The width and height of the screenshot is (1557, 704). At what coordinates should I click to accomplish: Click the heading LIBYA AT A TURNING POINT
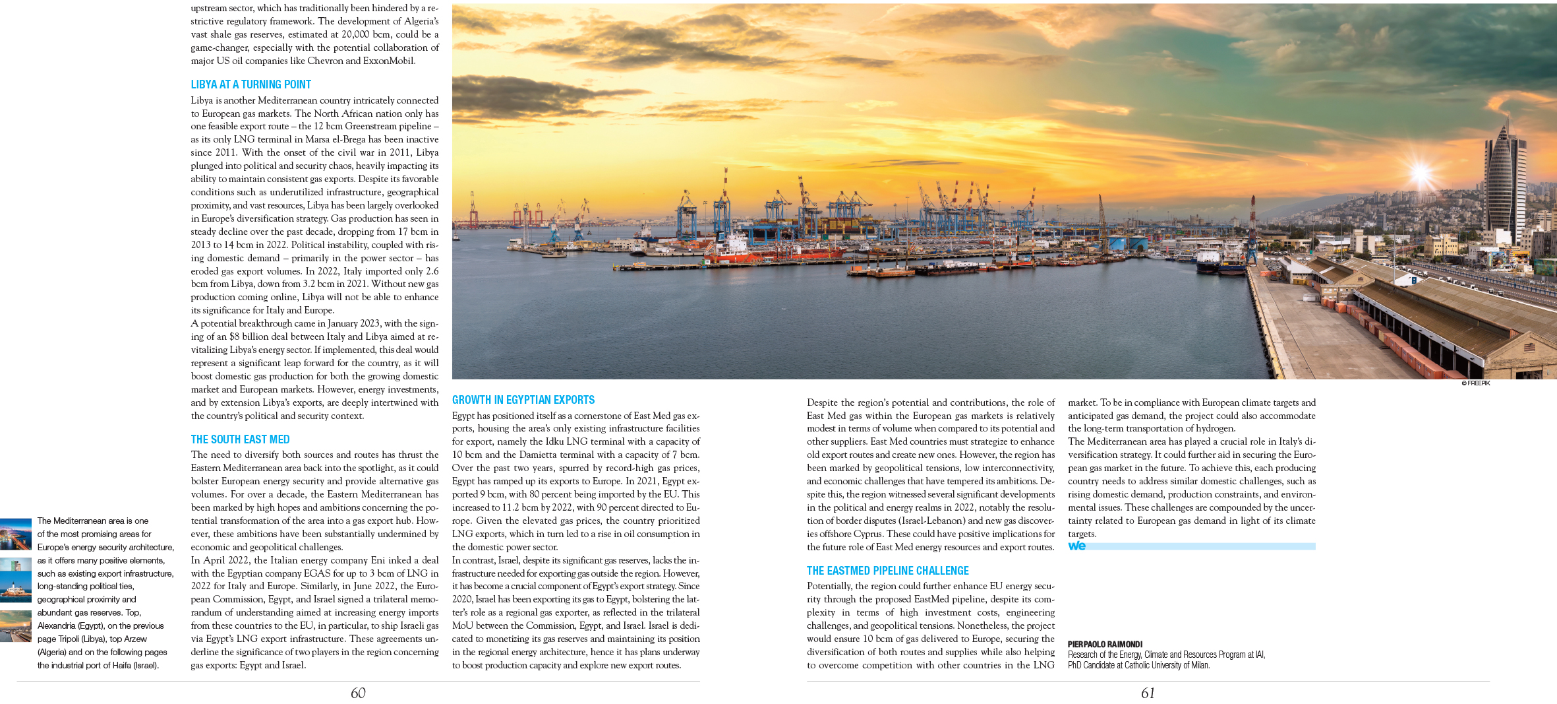(x=250, y=84)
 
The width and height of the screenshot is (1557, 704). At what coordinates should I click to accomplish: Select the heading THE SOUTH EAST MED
(x=240, y=439)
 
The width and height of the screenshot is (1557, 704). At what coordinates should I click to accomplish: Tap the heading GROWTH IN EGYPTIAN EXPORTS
(x=523, y=400)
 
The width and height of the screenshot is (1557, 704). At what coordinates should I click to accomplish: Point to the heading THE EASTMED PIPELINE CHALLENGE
(x=887, y=571)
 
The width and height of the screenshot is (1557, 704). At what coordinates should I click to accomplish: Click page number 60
(x=358, y=693)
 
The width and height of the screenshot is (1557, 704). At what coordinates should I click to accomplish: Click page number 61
(x=1148, y=693)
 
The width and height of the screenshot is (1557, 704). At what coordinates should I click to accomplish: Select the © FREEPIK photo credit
(x=1475, y=383)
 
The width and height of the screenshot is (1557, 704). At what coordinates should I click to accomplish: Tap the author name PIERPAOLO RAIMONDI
(x=1105, y=645)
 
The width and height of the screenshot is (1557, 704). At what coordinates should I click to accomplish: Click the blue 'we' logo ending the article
(x=1076, y=546)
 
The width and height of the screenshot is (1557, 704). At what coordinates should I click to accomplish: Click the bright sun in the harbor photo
(x=1421, y=174)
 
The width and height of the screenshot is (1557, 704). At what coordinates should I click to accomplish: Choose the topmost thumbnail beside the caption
(x=15, y=534)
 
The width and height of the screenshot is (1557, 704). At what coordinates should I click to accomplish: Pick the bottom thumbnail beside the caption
(x=15, y=626)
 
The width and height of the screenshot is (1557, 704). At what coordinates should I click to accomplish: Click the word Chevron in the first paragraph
(x=325, y=61)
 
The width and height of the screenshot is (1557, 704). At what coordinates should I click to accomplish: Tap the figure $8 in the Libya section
(x=235, y=336)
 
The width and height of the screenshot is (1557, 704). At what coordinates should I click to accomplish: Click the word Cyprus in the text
(x=867, y=534)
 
